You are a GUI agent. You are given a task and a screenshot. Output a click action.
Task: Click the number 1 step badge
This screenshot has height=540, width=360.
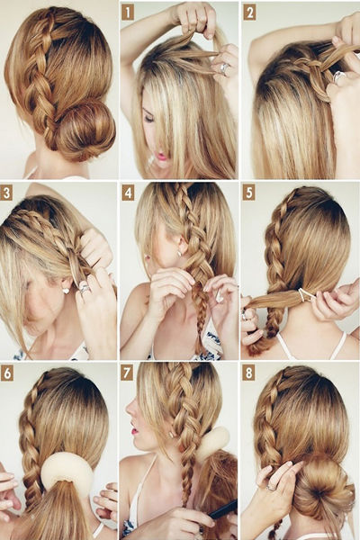point(128,13)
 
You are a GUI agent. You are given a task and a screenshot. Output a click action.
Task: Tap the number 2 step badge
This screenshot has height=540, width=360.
point(249,13)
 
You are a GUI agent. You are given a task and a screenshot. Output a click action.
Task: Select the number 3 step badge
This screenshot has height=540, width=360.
point(6,193)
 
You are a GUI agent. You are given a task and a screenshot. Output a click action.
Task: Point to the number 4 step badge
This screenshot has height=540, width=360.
point(128,193)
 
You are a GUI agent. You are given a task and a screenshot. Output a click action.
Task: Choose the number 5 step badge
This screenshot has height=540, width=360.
point(248,193)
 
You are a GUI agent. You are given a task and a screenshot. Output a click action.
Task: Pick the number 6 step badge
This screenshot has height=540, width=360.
point(7,374)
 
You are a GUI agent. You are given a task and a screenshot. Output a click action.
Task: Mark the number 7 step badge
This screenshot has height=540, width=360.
point(127,374)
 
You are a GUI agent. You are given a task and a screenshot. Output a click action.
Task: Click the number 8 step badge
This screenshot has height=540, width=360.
point(248,374)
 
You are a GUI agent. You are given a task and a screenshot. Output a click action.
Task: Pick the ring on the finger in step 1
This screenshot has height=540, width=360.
point(224,67)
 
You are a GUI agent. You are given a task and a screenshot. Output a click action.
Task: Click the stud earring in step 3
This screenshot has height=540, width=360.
point(66,291)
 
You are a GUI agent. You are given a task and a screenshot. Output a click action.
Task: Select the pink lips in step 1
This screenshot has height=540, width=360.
point(161,157)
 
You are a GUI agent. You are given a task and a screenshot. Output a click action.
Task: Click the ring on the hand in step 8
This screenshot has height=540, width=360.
point(272,487)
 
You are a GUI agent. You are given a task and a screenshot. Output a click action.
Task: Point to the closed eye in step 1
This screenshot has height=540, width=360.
point(148,118)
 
